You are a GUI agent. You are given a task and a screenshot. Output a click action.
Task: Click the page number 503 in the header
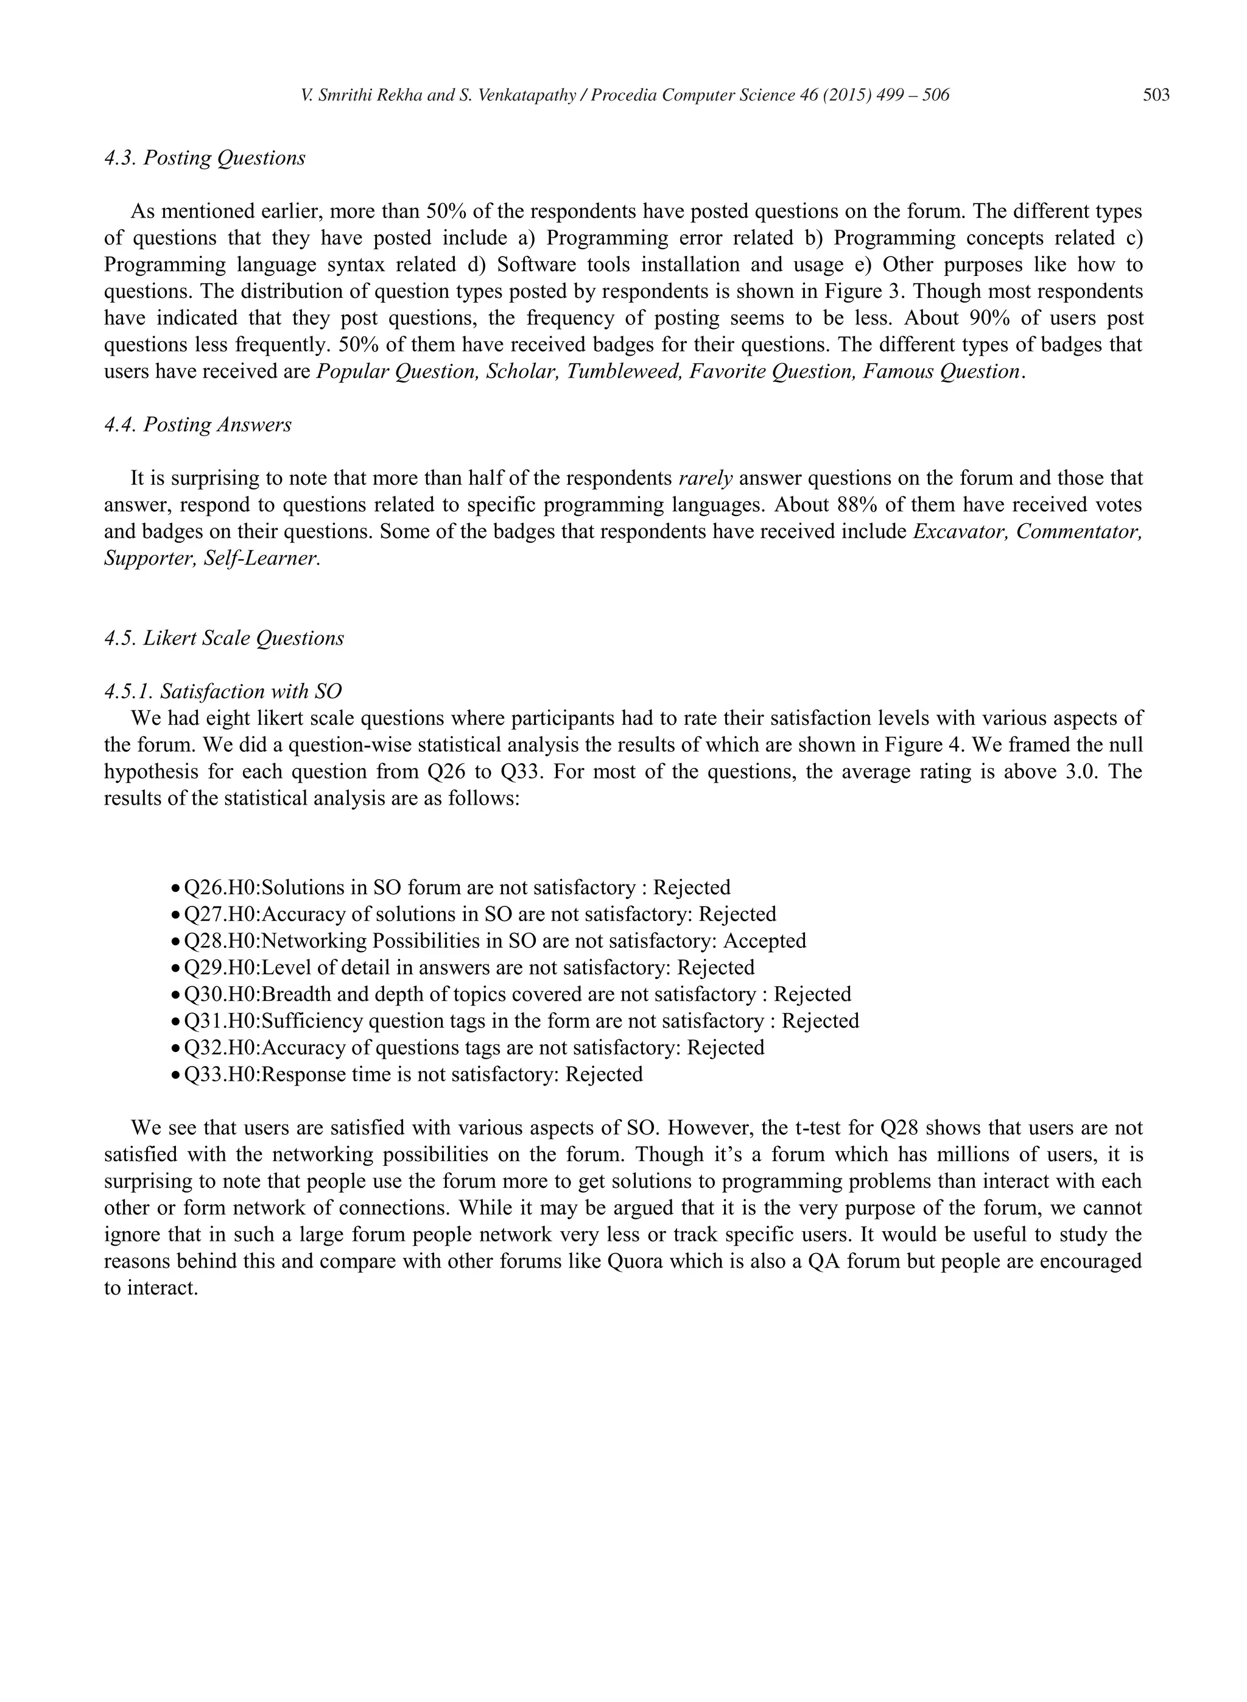[x=1156, y=95]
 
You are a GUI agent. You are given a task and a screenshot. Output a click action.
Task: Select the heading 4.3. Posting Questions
[x=205, y=158]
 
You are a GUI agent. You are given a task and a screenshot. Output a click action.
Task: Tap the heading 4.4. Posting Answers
[x=198, y=425]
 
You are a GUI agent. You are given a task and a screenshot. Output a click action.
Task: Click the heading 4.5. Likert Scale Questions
[x=223, y=638]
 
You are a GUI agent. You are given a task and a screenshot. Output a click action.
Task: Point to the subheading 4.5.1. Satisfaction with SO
[x=223, y=691]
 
